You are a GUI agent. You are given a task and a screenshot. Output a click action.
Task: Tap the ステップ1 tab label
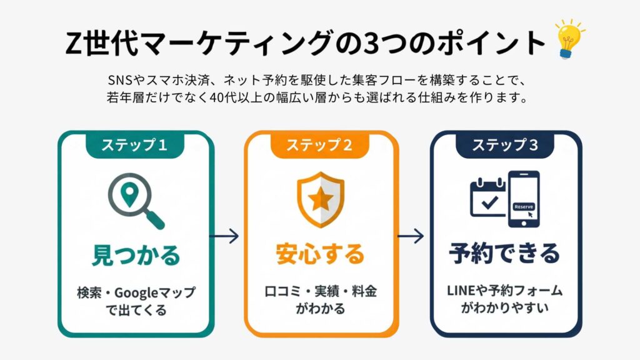pyautogui.click(x=135, y=146)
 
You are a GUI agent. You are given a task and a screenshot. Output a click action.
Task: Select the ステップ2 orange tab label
pyautogui.click(x=319, y=146)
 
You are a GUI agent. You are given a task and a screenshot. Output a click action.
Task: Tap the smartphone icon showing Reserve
pyautogui.click(x=523, y=199)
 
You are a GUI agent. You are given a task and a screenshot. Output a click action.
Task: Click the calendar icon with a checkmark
pyautogui.click(x=487, y=196)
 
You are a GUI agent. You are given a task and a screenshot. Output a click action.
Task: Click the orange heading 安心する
pyautogui.click(x=319, y=254)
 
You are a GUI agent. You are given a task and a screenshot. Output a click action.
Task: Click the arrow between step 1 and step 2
pyautogui.click(x=224, y=236)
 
